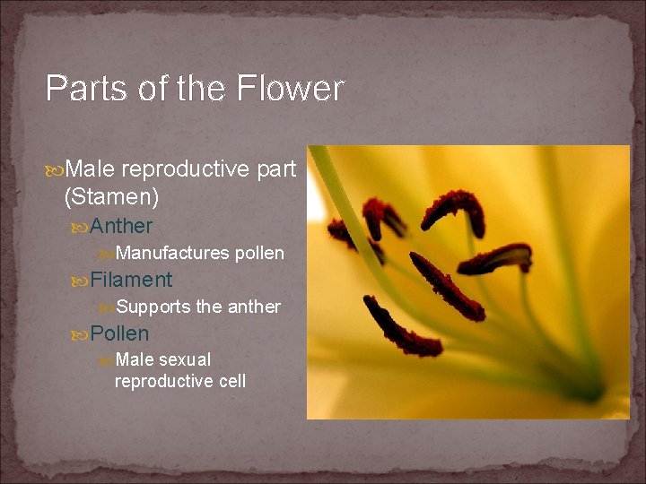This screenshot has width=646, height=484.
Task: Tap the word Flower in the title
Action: [x=291, y=89]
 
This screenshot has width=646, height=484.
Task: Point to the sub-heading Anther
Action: [x=121, y=226]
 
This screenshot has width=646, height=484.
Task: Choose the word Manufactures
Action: [x=172, y=254]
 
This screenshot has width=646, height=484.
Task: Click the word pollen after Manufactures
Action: [x=259, y=254]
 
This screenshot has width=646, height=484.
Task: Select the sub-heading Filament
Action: [x=131, y=280]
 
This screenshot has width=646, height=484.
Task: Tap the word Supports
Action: [x=153, y=307]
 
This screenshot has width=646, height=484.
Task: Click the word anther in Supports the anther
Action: [x=254, y=307]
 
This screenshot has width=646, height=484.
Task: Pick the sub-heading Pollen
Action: [x=119, y=333]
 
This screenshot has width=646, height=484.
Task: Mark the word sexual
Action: [x=185, y=360]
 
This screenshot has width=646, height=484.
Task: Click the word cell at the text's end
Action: [x=231, y=381]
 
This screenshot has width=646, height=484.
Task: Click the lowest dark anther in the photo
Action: [x=400, y=328]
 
